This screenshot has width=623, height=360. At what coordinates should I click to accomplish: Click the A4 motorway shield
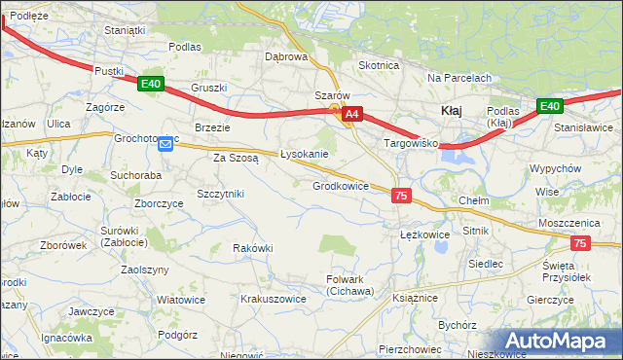coord(352,114)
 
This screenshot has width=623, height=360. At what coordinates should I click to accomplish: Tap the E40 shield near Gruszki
coord(150,85)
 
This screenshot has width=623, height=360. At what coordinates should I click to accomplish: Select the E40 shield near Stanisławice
coord(550,106)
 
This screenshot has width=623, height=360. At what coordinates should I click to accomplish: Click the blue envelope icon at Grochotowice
coord(165,145)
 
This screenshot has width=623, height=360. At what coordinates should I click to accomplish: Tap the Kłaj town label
coord(452,111)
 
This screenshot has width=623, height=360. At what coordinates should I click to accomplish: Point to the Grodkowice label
coord(340,186)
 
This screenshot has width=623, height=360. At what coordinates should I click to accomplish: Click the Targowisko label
coord(412,143)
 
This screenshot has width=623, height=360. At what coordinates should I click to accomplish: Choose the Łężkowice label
coord(424,234)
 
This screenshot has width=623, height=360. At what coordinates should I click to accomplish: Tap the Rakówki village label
coord(252,248)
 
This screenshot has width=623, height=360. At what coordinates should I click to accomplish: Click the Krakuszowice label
coord(274,299)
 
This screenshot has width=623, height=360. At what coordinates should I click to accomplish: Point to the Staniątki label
coord(125,30)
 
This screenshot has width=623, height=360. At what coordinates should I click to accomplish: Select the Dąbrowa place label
coord(286,56)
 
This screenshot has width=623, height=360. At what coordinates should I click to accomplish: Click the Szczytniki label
coord(220,194)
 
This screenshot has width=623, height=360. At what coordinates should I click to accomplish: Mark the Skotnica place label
coord(379,65)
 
